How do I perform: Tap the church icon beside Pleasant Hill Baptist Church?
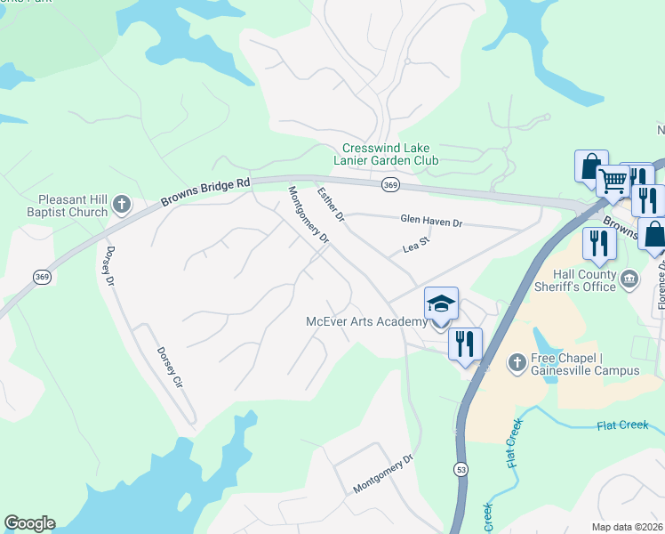coord(122,206)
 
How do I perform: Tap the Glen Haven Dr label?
coord(431,221)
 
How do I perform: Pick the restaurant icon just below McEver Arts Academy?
coord(465,344)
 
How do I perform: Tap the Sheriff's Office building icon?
coord(629,279)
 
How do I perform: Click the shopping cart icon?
coord(613,182)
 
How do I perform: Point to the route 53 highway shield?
coord(461,469)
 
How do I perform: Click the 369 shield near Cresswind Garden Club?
coord(389,184)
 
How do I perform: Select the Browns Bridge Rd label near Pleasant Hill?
coord(205,190)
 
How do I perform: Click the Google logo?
coord(29,523)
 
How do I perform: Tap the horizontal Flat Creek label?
coord(621,425)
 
